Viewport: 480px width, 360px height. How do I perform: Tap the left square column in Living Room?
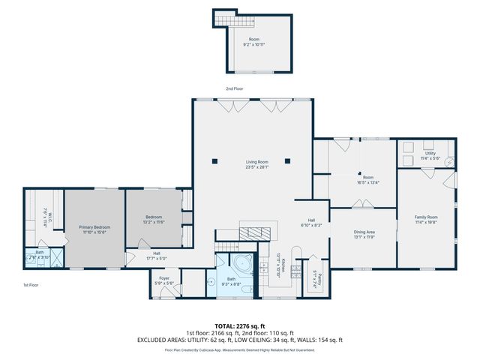pyautogui.click(x=215, y=160)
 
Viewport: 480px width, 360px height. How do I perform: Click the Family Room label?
pyautogui.click(x=426, y=217)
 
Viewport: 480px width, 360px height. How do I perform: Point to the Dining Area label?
pyautogui.click(x=364, y=232)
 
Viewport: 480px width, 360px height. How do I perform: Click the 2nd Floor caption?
pyautogui.click(x=235, y=88)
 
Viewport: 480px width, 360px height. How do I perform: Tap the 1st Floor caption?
pyautogui.click(x=31, y=285)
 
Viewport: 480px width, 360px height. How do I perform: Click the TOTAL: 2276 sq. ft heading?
pyautogui.click(x=240, y=326)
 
